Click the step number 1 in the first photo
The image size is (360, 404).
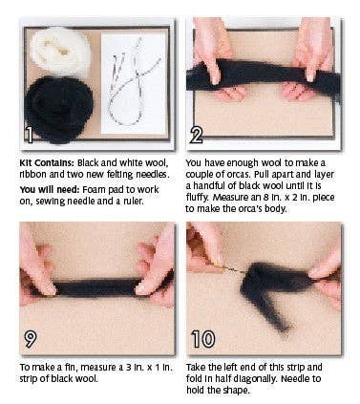tap(31, 135)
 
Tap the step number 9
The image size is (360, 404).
tap(31, 340)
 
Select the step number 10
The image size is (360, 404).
tap(204, 340)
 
